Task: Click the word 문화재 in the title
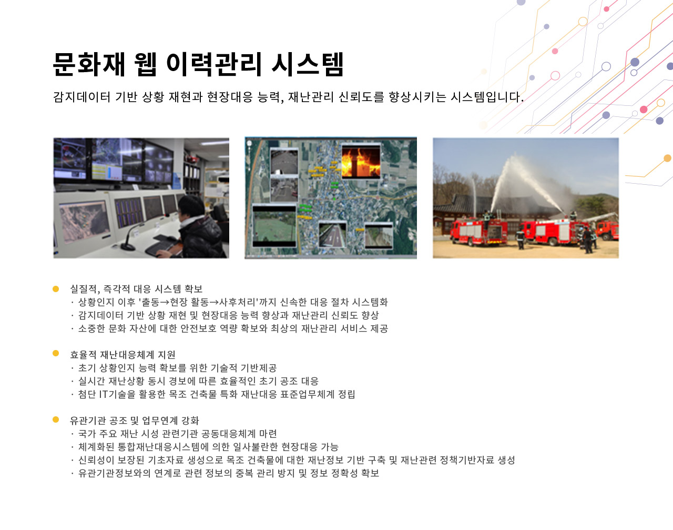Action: point(89,65)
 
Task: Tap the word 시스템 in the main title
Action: point(308,65)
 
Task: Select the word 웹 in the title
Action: point(145,65)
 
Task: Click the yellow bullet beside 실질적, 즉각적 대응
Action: point(56,288)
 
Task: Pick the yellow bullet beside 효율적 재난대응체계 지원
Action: point(56,353)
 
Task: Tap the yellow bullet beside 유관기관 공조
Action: point(56,419)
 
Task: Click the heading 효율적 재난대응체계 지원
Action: point(123,354)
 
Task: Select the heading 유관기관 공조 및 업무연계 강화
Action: point(135,420)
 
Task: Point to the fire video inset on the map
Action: point(361,162)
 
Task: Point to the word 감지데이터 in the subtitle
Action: point(82,97)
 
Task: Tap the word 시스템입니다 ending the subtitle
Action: point(487,97)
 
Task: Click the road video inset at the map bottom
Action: point(332,235)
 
